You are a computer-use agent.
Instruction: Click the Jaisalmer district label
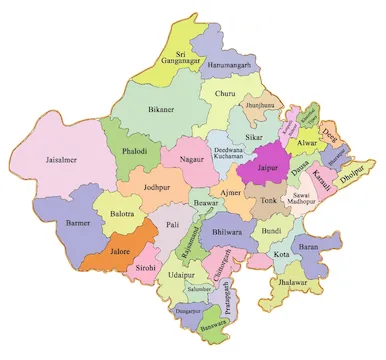coord(49,158)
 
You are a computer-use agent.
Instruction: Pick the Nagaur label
coord(181,157)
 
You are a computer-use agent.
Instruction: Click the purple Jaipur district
coord(267,166)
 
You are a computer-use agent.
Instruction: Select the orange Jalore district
coord(105,249)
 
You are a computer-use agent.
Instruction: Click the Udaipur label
coord(181,273)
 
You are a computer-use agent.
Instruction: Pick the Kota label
coord(281,254)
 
